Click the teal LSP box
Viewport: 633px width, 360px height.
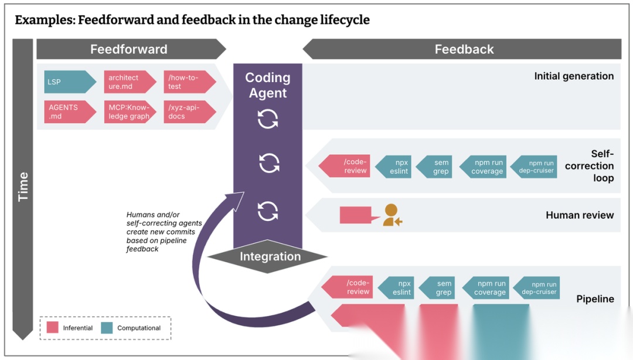[67, 82]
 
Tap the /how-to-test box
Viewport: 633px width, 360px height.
[187, 82]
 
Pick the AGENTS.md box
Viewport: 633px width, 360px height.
[67, 111]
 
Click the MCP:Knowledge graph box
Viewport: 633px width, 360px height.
[128, 111]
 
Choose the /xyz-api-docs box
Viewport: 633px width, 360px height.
[187, 111]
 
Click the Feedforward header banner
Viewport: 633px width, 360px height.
[129, 49]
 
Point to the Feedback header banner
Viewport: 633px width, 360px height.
[464, 49]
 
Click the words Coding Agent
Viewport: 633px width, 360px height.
[268, 85]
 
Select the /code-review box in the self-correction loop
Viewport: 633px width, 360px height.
[348, 167]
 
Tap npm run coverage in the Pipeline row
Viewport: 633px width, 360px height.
[488, 288]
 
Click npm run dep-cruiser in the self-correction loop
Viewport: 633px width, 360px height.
[538, 167]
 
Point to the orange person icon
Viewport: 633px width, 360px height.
[392, 215]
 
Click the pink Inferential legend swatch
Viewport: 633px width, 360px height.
[53, 328]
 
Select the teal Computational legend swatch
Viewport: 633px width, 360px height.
[107, 328]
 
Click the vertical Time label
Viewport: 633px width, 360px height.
[23, 187]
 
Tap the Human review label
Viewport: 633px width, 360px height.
[579, 215]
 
